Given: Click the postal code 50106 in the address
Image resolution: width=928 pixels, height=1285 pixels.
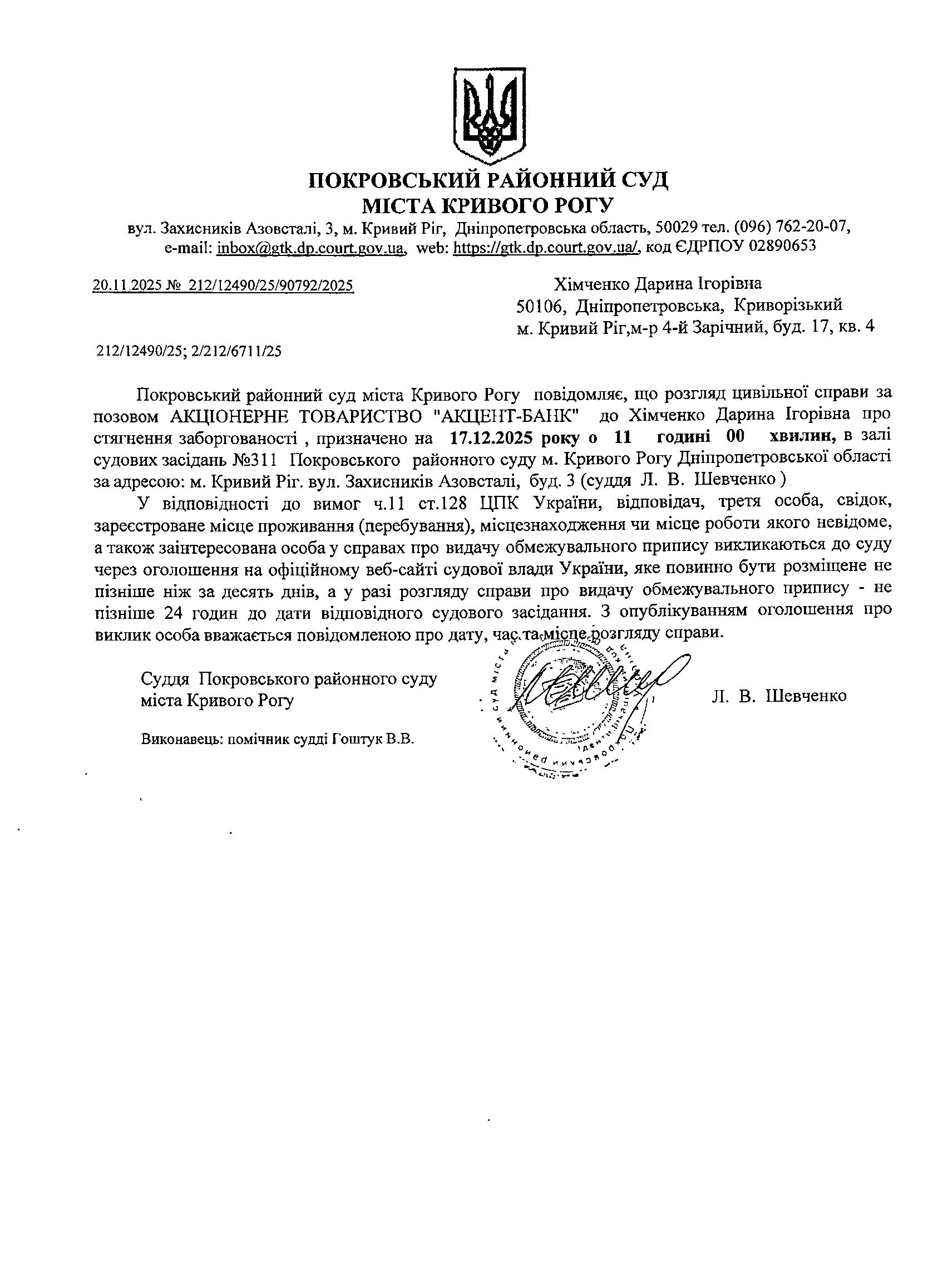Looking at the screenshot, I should click(542, 307).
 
